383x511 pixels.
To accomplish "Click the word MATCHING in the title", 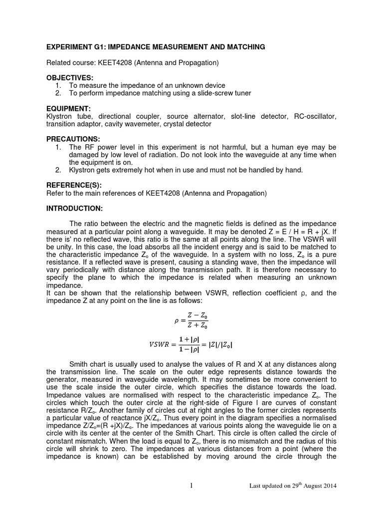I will coord(245,47).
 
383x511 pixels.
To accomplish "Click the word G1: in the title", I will coord(103,47).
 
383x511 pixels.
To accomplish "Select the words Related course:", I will coord(70,63).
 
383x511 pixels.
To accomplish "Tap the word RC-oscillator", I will coord(314,116).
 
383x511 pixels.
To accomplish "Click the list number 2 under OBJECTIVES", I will coord(58,93).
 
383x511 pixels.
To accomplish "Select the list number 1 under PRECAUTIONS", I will coord(58,147).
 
